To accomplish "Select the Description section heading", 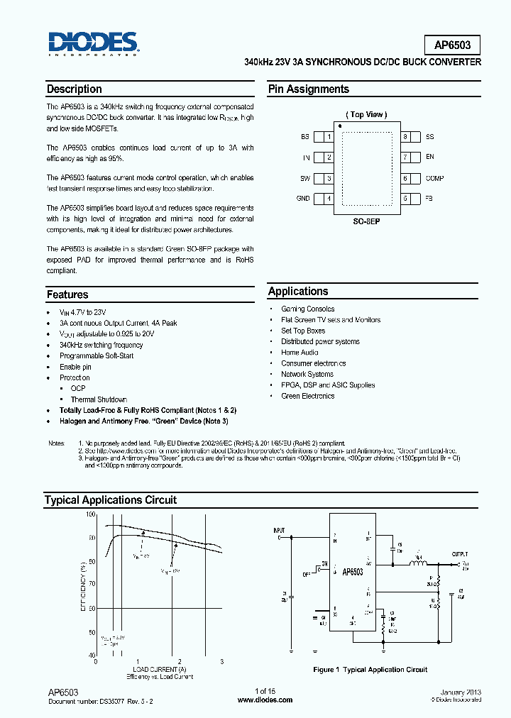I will (x=74, y=89).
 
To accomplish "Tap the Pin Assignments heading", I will (x=308, y=89).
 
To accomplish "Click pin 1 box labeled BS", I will (x=329, y=137).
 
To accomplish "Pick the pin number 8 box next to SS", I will (x=405, y=137).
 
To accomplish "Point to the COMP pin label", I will (x=434, y=179).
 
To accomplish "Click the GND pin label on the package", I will (x=303, y=199).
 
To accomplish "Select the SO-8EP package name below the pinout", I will (x=367, y=221).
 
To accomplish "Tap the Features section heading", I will (x=67, y=294).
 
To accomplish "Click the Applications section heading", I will (x=298, y=292).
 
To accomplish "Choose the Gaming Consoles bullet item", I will (x=307, y=309).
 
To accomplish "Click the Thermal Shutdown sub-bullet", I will (x=99, y=399).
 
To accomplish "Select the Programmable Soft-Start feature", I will (x=97, y=355).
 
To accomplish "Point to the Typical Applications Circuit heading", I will (x=111, y=500).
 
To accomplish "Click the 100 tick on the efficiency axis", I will (x=91, y=514).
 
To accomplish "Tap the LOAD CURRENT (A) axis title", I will (x=159, y=669).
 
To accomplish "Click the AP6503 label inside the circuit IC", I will (x=353, y=572).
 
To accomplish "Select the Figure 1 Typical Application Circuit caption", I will (x=370, y=670).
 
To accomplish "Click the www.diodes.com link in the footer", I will (x=265, y=700).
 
